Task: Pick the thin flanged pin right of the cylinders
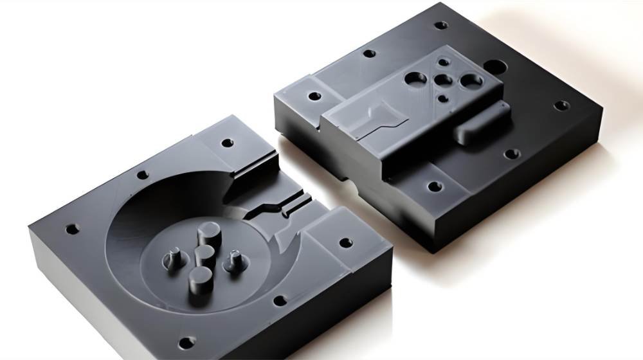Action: [232, 260]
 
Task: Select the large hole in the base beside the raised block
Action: [496, 66]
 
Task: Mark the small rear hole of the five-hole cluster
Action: [443, 62]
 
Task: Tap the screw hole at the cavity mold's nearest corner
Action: [186, 341]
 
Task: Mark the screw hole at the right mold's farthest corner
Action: [440, 26]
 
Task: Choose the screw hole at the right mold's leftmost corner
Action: [314, 96]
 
